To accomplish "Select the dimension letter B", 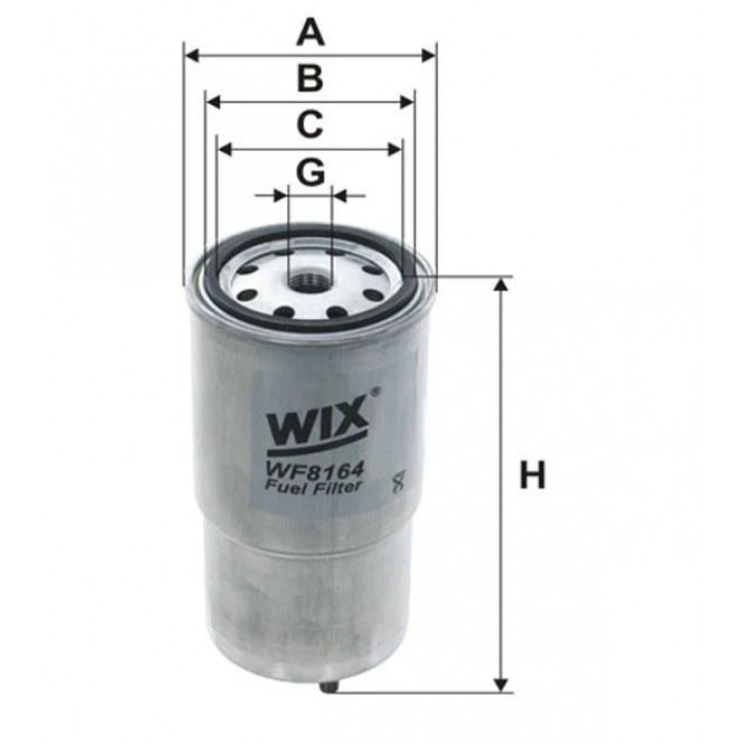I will click(x=310, y=79).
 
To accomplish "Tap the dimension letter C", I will click(x=310, y=126).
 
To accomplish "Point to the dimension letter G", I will click(x=310, y=172).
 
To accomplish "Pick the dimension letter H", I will click(x=534, y=477).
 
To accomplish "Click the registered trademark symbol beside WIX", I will click(x=374, y=392).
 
